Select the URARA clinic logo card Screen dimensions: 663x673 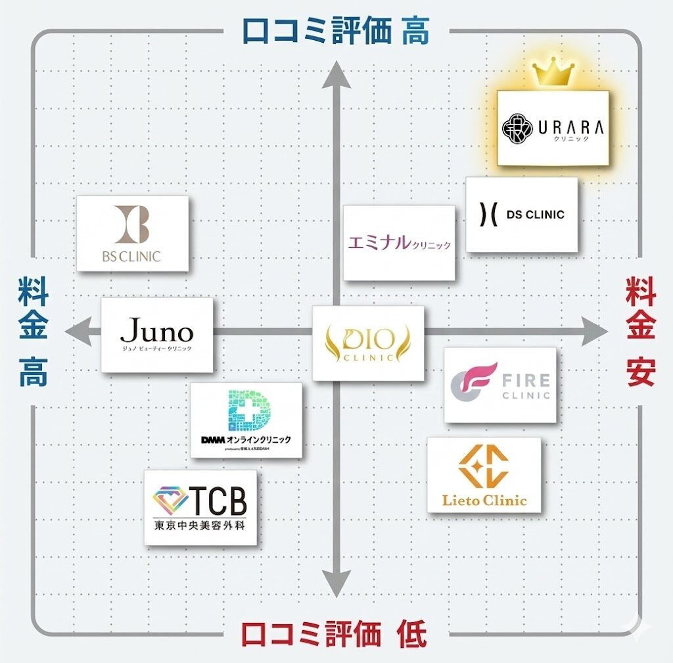(553, 128)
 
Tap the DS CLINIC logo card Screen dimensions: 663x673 (522, 214)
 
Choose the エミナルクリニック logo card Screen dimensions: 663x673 (399, 243)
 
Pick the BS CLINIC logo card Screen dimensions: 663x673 (133, 233)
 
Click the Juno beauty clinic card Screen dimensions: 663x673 (157, 335)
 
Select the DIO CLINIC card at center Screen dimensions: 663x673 (367, 343)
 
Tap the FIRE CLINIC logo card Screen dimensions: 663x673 (499, 385)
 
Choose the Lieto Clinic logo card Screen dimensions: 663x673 (484, 474)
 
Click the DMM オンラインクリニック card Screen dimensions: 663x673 (246, 420)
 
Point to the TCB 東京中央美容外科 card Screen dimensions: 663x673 (200, 507)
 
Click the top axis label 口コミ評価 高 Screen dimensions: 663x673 (336, 31)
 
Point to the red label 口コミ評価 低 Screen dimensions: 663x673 (334, 635)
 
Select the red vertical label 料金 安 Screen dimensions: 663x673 (640, 331)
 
